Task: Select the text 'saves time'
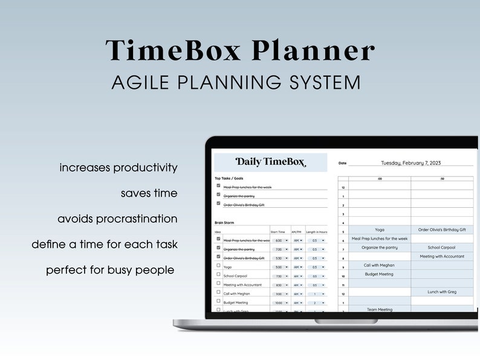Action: click(149, 193)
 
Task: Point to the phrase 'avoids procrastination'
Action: click(117, 219)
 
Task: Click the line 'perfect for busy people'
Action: click(110, 270)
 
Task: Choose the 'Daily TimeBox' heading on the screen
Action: click(270, 162)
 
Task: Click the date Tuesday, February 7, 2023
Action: click(410, 162)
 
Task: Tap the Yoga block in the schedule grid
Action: click(379, 230)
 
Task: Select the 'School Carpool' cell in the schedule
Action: click(442, 248)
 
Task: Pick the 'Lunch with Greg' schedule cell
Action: click(442, 292)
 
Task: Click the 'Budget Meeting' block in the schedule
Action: click(379, 274)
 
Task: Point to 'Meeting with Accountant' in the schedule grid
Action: click(442, 257)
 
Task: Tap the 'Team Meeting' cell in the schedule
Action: click(379, 309)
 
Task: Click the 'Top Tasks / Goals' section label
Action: click(229, 179)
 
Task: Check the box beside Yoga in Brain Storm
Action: click(218, 266)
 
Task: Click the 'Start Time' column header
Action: click(277, 231)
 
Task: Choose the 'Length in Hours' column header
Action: click(316, 231)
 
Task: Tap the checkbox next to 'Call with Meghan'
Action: click(218, 292)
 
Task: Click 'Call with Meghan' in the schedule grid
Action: click(379, 265)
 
